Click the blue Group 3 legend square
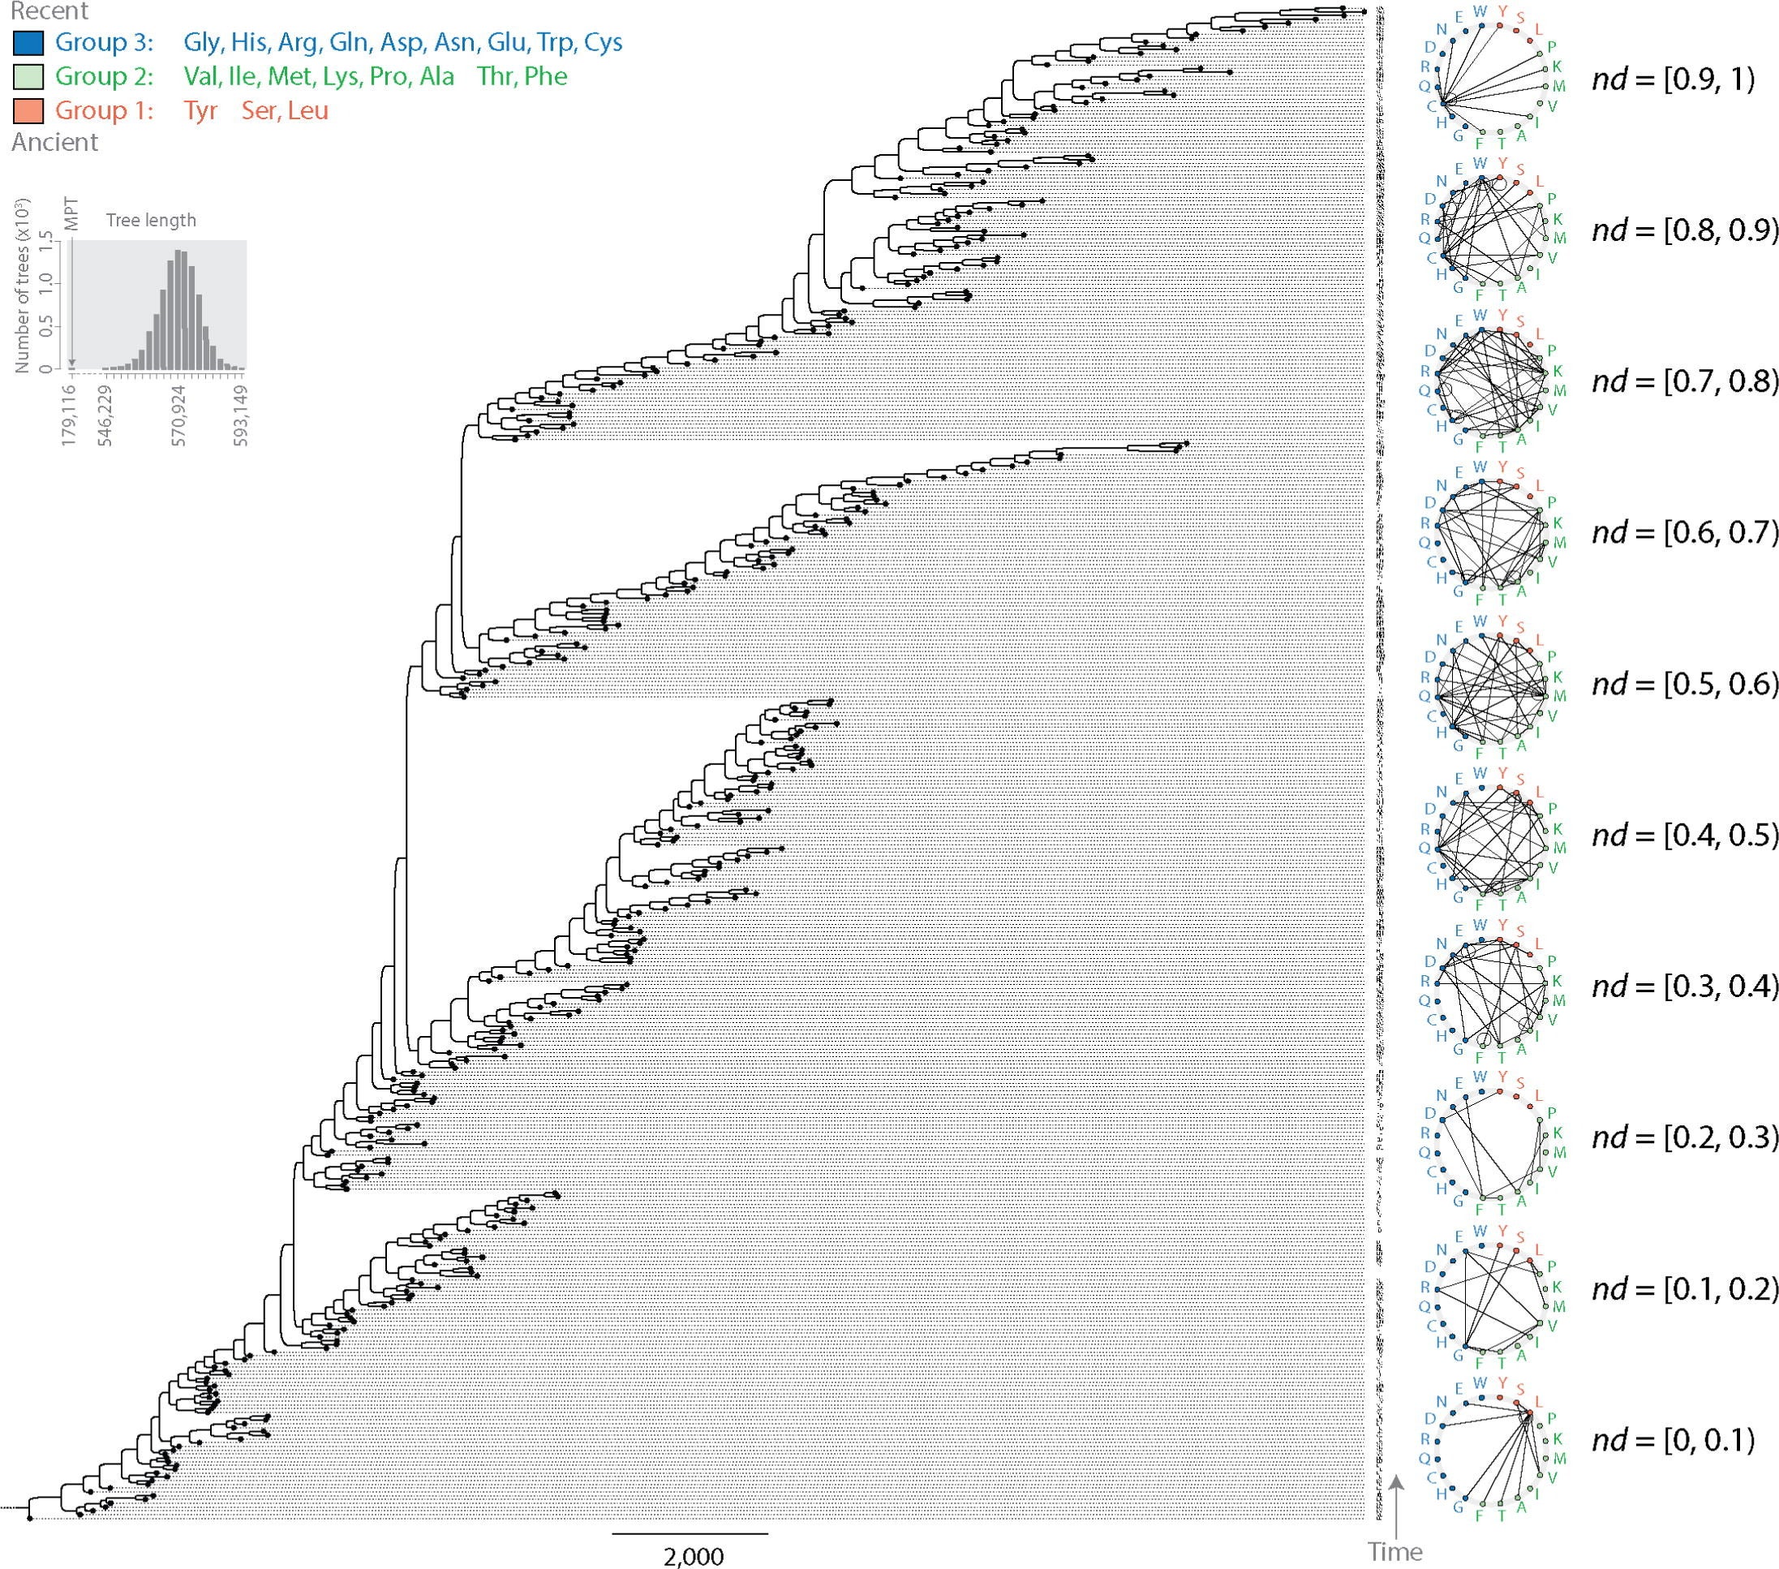pyautogui.click(x=28, y=43)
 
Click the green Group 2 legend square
pyautogui.click(x=28, y=76)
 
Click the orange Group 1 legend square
pyautogui.click(x=28, y=110)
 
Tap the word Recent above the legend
pyautogui.click(x=49, y=11)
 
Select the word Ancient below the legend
pyautogui.click(x=55, y=142)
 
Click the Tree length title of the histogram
pyautogui.click(x=152, y=220)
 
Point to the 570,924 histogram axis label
pyautogui.click(x=179, y=417)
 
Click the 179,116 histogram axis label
pyautogui.click(x=70, y=417)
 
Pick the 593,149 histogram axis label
pyautogui.click(x=241, y=417)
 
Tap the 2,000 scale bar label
pyautogui.click(x=693, y=1556)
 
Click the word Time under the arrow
pyautogui.click(x=1395, y=1552)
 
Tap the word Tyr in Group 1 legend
pyautogui.click(x=200, y=110)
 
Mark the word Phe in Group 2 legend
pyautogui.click(x=546, y=76)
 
